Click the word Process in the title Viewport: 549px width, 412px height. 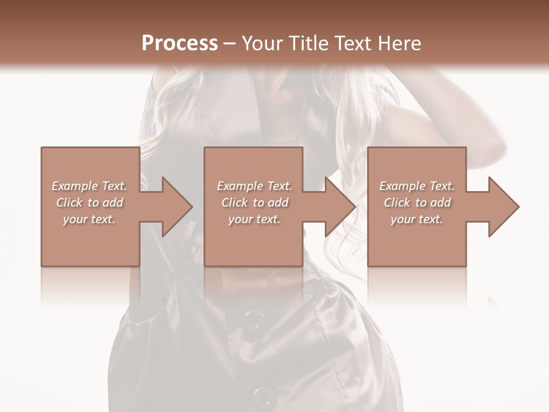click(180, 43)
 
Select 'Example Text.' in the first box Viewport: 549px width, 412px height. click(89, 186)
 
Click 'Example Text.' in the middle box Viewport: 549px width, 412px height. click(254, 186)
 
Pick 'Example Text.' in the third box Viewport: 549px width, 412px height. click(417, 186)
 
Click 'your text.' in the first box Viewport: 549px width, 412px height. click(89, 219)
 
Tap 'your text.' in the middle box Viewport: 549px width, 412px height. click(254, 219)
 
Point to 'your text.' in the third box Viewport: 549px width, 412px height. click(417, 219)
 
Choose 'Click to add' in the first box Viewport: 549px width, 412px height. click(89, 203)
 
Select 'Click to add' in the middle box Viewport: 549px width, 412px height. click(254, 203)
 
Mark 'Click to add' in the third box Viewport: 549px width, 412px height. click(417, 203)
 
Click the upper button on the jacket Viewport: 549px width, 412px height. click(252, 320)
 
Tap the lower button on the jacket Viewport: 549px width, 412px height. click(264, 395)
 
